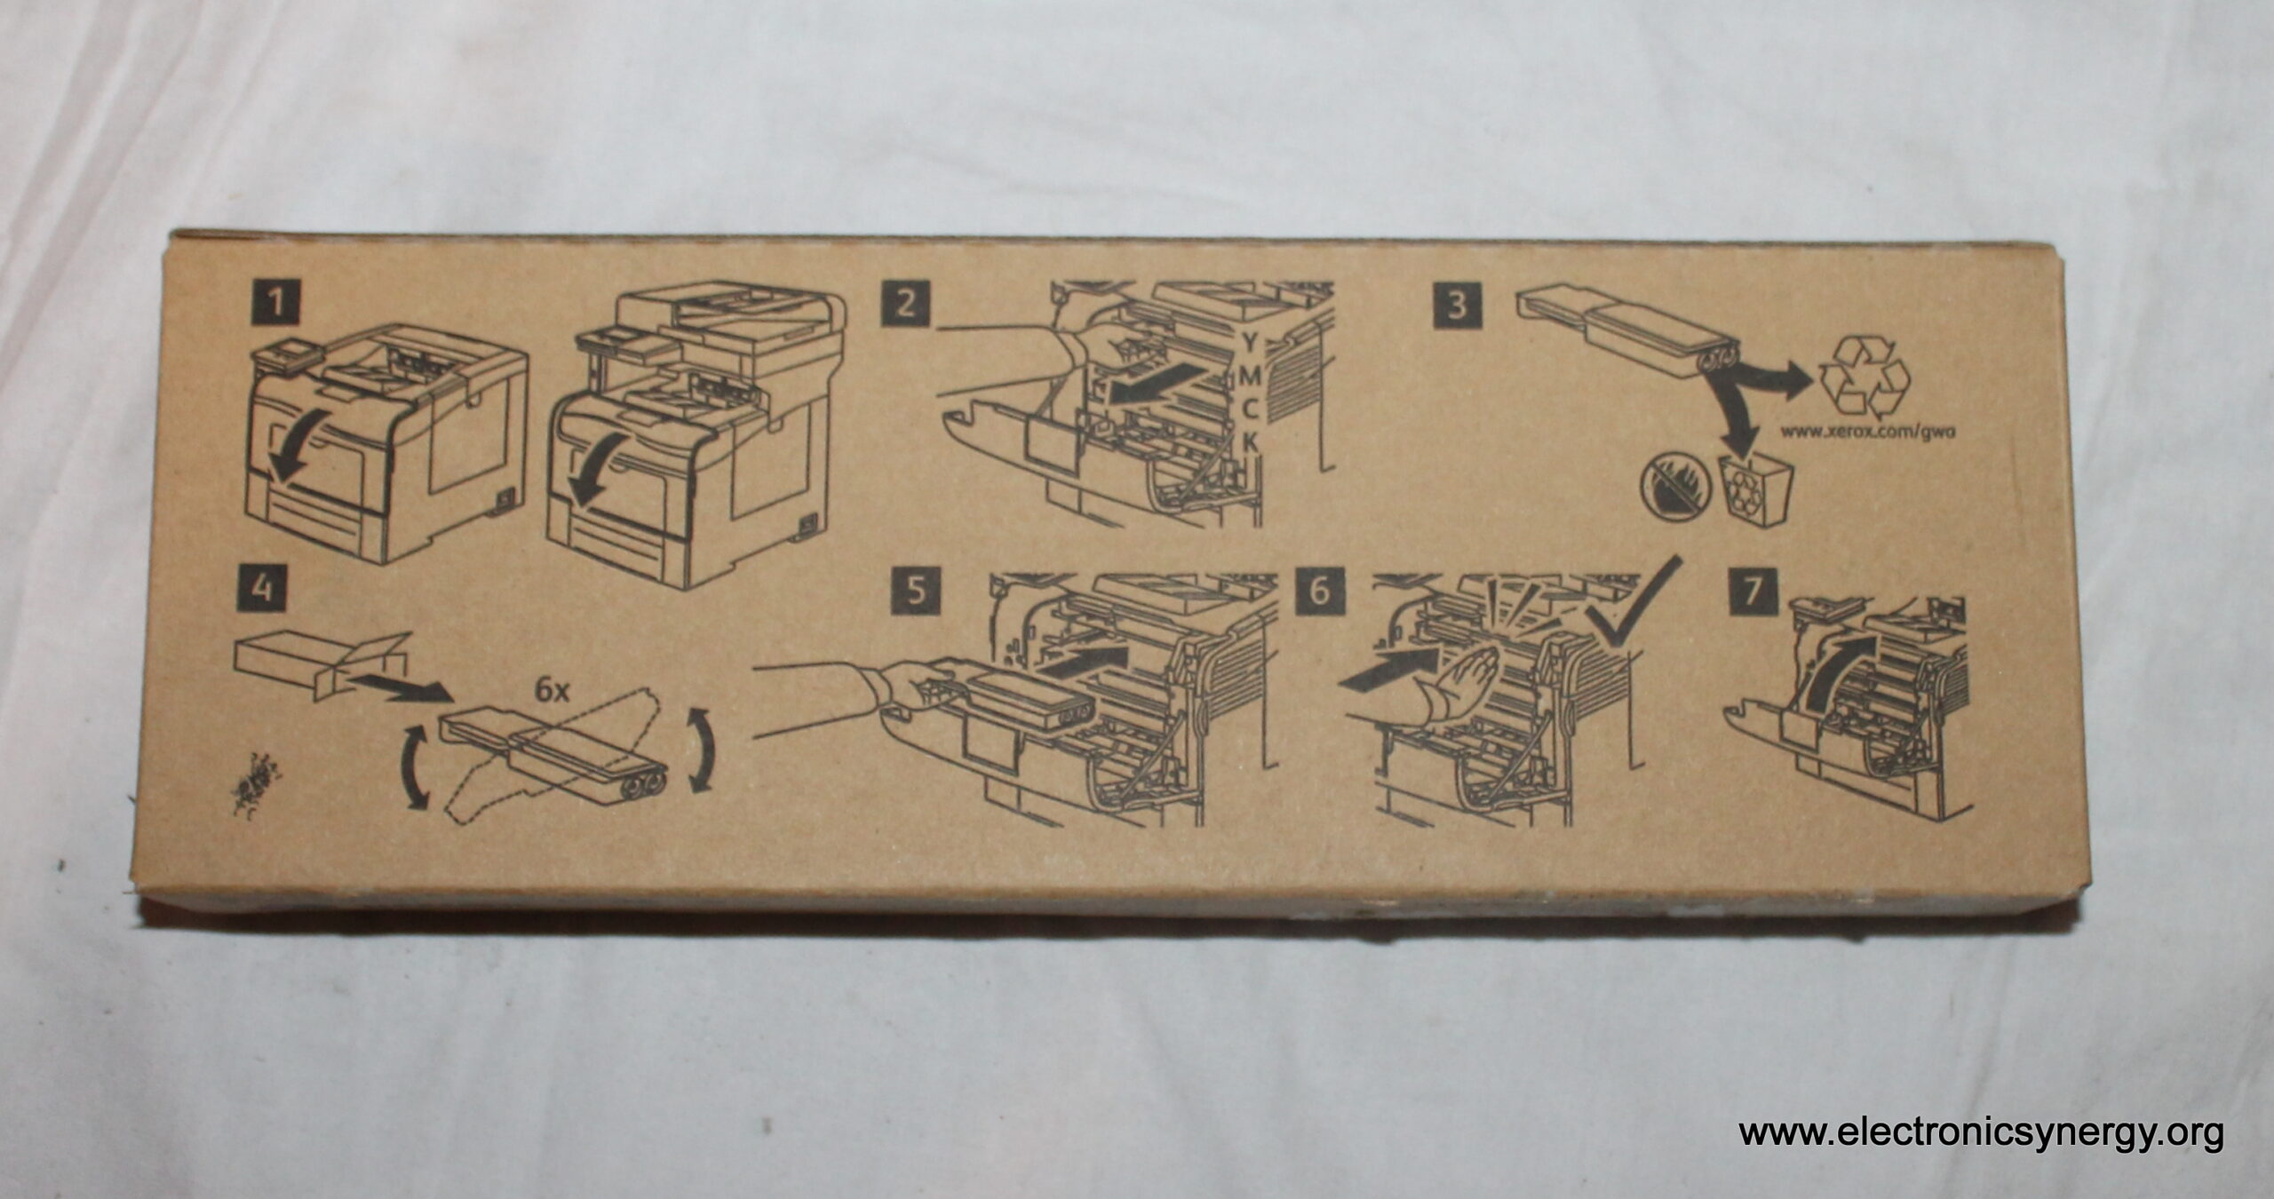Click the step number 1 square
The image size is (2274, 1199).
tap(277, 305)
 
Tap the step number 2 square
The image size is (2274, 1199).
tap(905, 305)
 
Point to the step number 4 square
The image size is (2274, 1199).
tap(260, 588)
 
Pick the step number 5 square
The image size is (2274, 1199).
tap(915, 592)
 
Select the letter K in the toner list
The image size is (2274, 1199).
tap(1250, 442)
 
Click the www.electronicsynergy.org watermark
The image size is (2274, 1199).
tap(1980, 1133)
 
